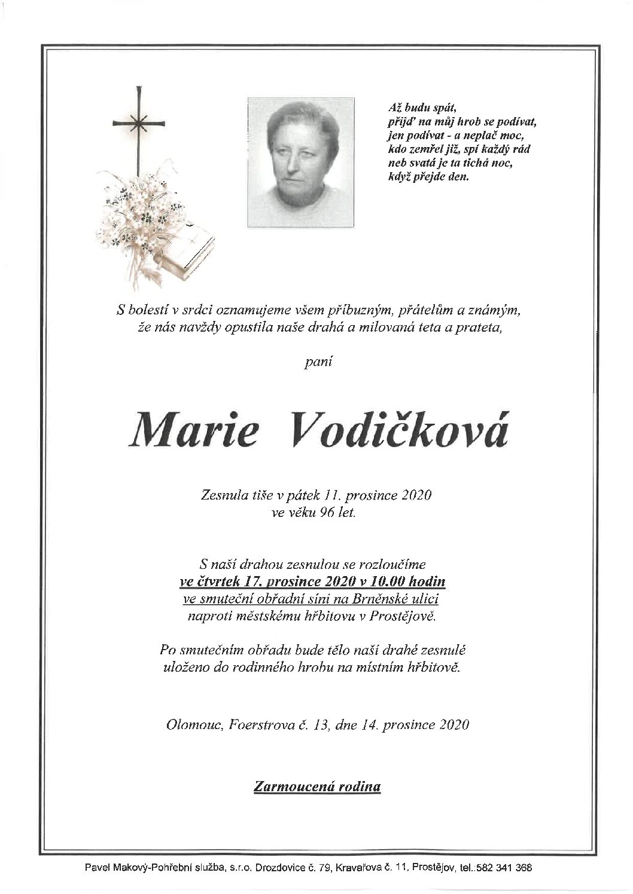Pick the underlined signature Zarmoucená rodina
317,786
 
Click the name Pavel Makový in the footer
132,867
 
